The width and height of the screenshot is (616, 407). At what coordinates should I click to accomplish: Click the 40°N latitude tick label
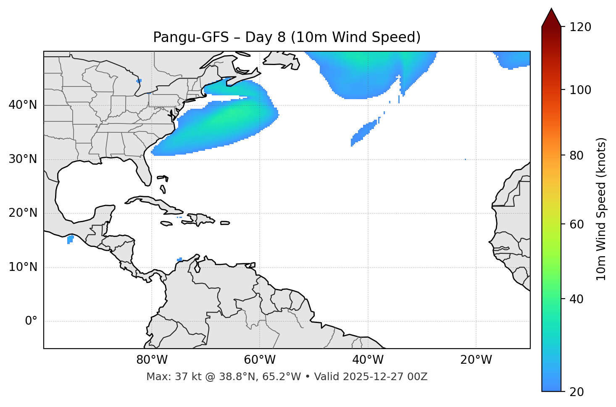23,105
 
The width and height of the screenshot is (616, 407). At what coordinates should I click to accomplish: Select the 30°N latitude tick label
23,159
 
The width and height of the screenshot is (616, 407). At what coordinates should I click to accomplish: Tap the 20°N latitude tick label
23,213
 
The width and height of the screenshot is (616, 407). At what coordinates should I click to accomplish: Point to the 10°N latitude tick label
23,267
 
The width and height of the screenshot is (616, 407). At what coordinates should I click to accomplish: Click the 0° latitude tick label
31,321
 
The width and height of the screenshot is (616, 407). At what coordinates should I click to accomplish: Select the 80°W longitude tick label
152,360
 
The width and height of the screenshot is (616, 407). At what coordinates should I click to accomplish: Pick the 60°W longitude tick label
260,360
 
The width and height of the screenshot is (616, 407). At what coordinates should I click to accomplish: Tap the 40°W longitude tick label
368,360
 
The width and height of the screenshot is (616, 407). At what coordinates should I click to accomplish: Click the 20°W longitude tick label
476,360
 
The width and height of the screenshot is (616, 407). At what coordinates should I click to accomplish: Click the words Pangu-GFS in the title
191,37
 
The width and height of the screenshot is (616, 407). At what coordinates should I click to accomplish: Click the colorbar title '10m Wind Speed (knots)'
601,209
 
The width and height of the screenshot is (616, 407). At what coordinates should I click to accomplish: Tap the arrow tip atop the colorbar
551,9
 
